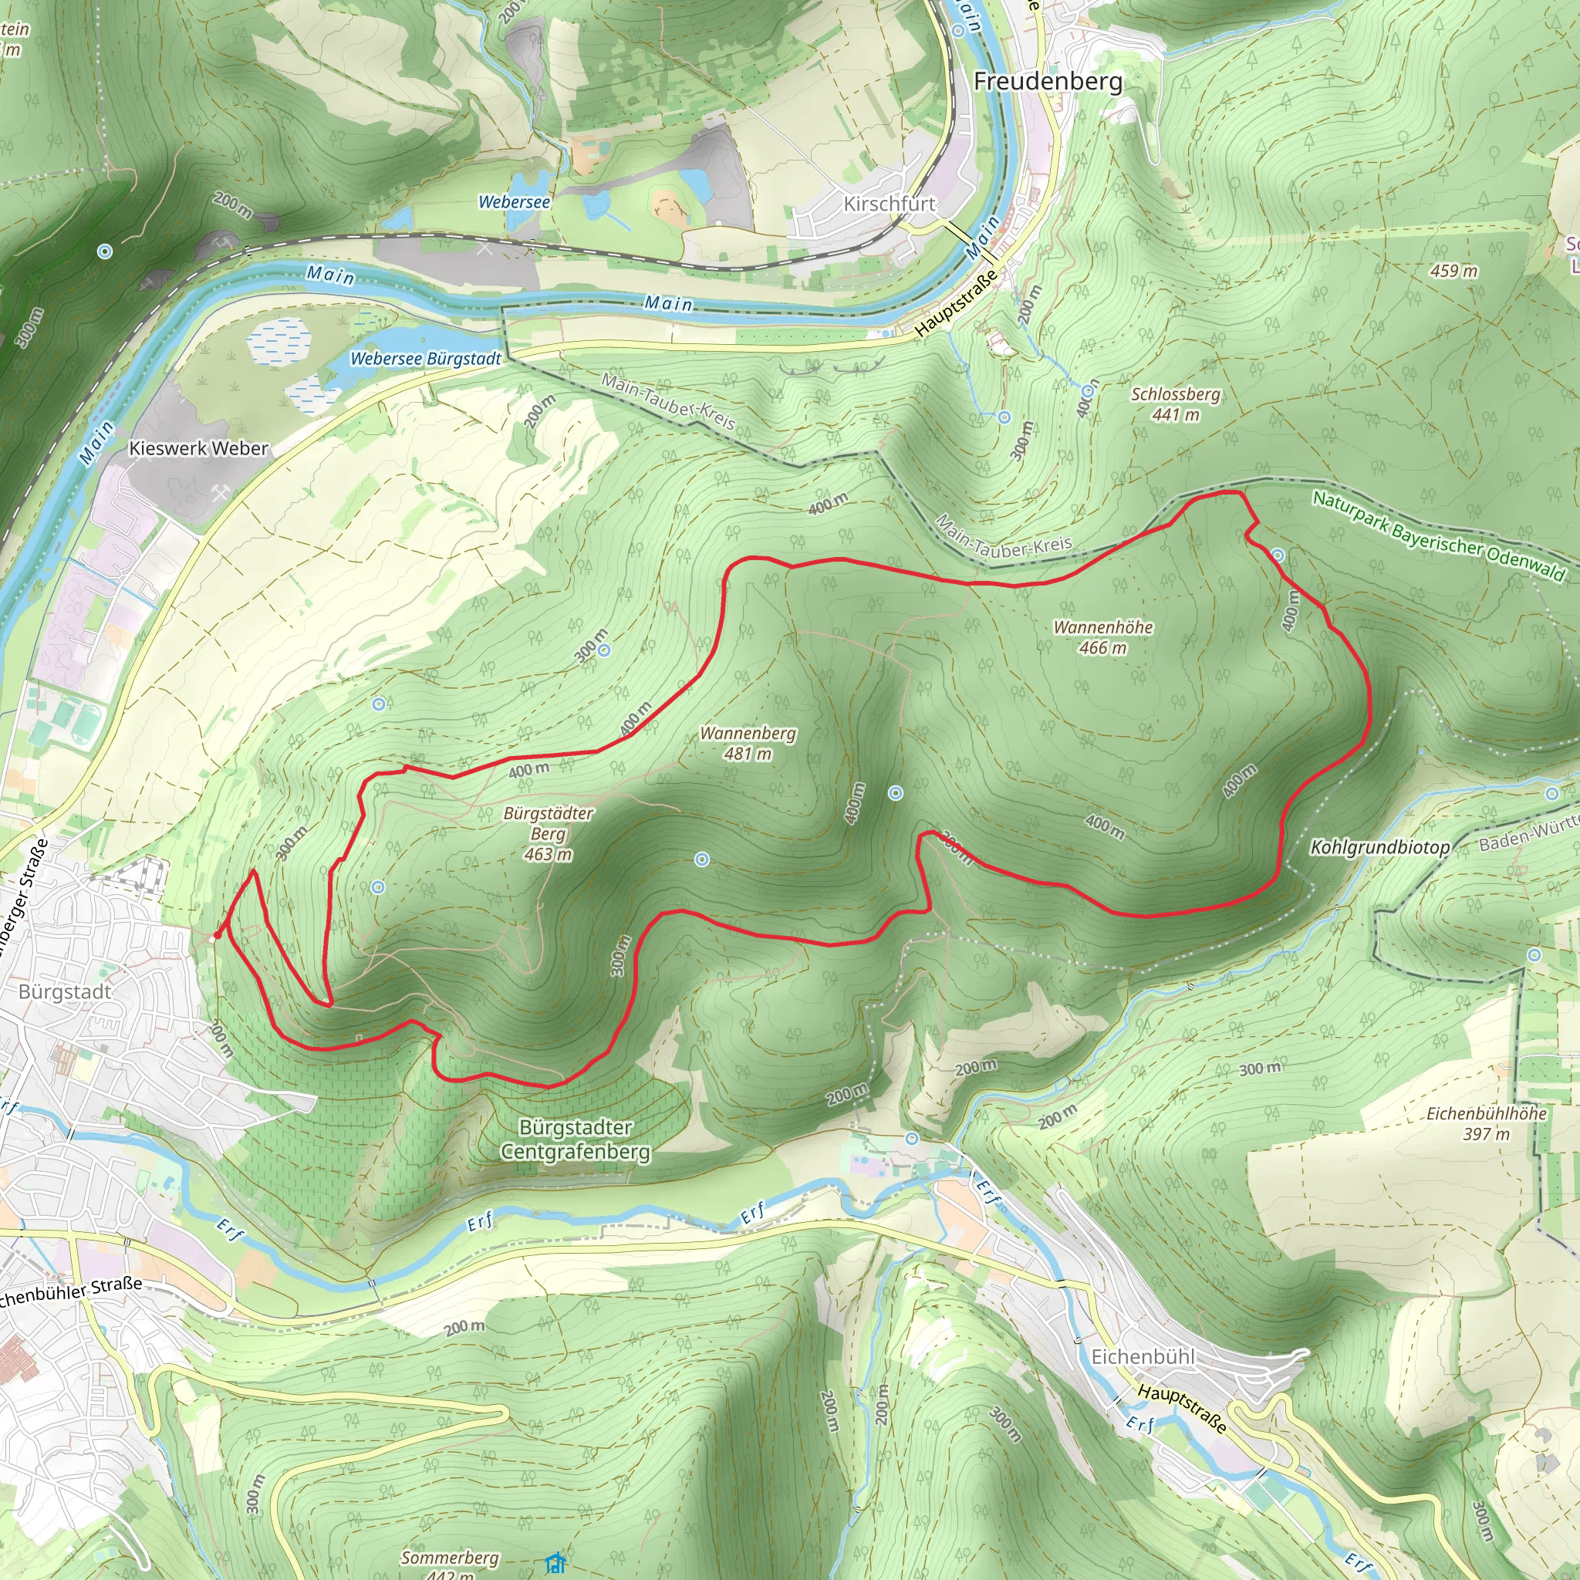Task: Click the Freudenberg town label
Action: pos(1048,81)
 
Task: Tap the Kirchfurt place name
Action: pos(889,204)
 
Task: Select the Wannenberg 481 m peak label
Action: pos(748,744)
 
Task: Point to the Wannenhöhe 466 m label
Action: pos(1102,637)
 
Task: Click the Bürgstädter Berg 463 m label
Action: pos(548,833)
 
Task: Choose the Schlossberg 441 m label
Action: pos(1175,404)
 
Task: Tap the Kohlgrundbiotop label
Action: pos(1379,847)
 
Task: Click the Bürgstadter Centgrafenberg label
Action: pos(576,1139)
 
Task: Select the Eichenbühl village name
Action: pos(1143,1357)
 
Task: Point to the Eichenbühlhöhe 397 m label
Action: pos(1486,1123)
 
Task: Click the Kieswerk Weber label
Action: pos(199,448)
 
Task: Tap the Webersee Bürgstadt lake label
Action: pos(425,358)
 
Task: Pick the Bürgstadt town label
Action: pos(65,991)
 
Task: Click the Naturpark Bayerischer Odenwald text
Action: pos(1438,535)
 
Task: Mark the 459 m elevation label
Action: pos(1453,271)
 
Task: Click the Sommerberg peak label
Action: pos(450,1557)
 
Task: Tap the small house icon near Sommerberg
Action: pos(555,1564)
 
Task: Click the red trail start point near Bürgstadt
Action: pos(217,935)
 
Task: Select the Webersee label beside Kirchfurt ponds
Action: pos(514,201)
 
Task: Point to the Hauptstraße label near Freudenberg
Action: pos(957,302)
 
